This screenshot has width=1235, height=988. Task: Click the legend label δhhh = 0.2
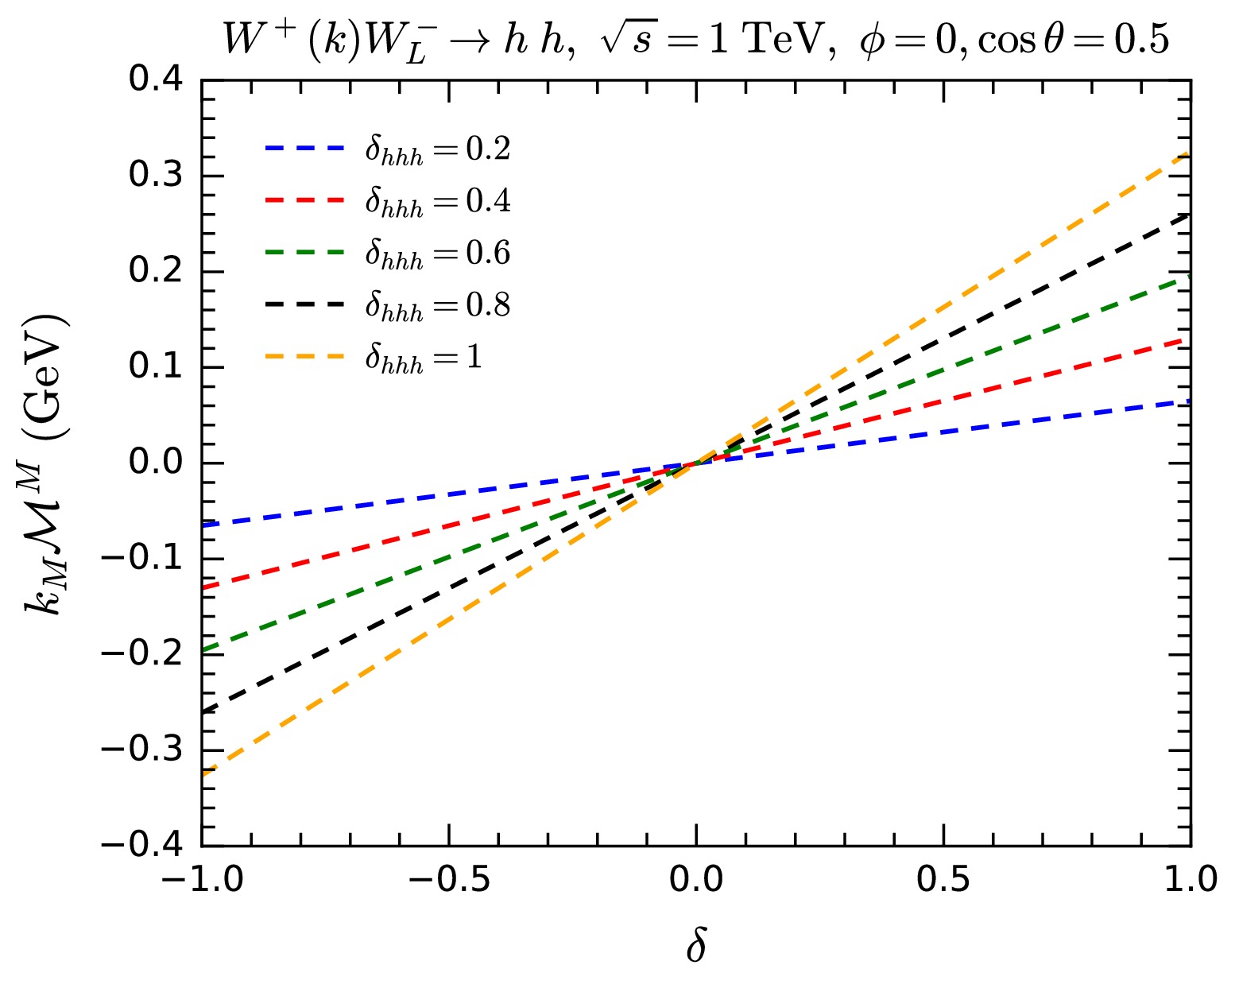click(x=437, y=149)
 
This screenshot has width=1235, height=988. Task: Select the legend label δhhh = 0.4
click(x=437, y=202)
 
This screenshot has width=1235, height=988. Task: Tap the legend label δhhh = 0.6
click(x=437, y=254)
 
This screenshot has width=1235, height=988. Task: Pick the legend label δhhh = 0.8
click(x=437, y=305)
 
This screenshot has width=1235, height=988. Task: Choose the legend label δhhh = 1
click(x=424, y=358)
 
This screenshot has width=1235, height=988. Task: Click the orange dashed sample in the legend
click(x=304, y=357)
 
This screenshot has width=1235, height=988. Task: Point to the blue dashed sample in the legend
click(x=304, y=148)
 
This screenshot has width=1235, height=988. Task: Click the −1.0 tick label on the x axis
click(x=202, y=879)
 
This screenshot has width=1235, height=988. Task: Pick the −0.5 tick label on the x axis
click(x=449, y=879)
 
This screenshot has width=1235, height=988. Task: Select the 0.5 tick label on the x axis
click(x=943, y=879)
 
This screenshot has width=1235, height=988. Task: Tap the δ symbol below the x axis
click(x=696, y=947)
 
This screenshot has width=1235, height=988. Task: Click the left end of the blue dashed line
click(x=203, y=525)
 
